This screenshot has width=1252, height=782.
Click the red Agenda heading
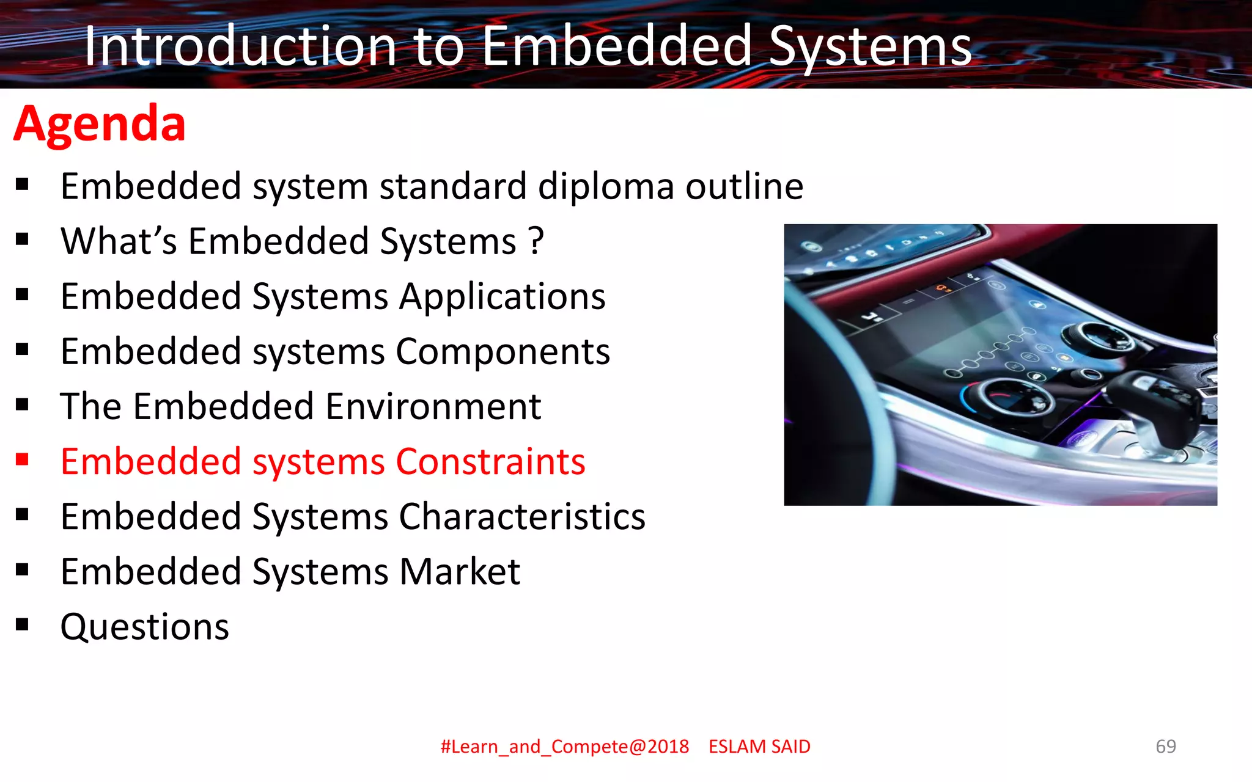click(x=100, y=124)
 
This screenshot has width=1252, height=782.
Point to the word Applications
click(x=502, y=297)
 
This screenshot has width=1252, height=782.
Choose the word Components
click(x=503, y=352)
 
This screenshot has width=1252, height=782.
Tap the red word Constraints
click(x=490, y=461)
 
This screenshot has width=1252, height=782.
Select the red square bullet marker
click(x=23, y=459)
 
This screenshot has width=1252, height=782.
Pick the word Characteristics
click(x=522, y=517)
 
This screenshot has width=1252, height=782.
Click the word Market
click(x=459, y=572)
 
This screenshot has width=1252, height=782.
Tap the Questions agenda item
click(x=145, y=627)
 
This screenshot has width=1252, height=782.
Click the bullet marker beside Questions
click(x=23, y=624)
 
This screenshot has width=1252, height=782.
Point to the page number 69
click(x=1165, y=746)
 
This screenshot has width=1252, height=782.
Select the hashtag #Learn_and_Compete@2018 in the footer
click(x=564, y=747)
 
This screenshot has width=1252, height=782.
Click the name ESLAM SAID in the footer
click(x=759, y=747)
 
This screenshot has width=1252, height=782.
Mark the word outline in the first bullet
click(x=744, y=186)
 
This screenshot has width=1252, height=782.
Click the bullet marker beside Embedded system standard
click(x=23, y=184)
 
